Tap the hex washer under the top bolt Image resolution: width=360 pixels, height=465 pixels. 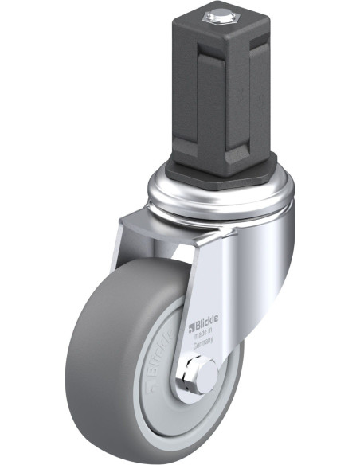(217, 19)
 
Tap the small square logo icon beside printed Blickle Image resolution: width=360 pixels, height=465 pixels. (192, 328)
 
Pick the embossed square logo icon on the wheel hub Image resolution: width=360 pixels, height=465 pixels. (152, 389)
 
